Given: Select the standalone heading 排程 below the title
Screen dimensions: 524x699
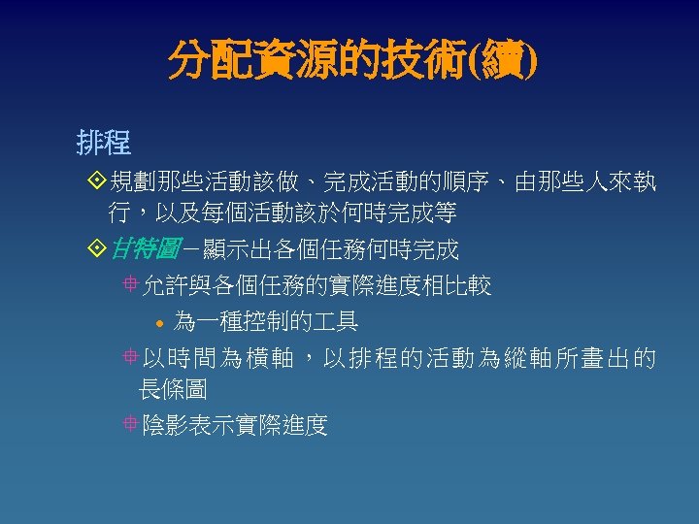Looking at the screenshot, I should pos(104,144).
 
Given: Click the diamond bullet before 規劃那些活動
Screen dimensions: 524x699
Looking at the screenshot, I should pos(94,181).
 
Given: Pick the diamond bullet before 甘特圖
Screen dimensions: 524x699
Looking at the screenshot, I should pos(94,250).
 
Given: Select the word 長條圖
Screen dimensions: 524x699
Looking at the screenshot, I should pos(172,389).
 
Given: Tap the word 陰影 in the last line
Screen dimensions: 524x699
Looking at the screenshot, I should pos(165,424).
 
